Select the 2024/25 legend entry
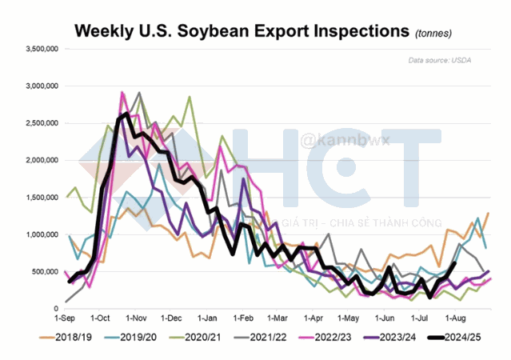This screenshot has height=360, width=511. [x=461, y=339]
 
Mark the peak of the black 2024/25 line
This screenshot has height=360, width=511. [x=130, y=114]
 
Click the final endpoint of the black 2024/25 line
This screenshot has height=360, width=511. [x=455, y=263]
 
